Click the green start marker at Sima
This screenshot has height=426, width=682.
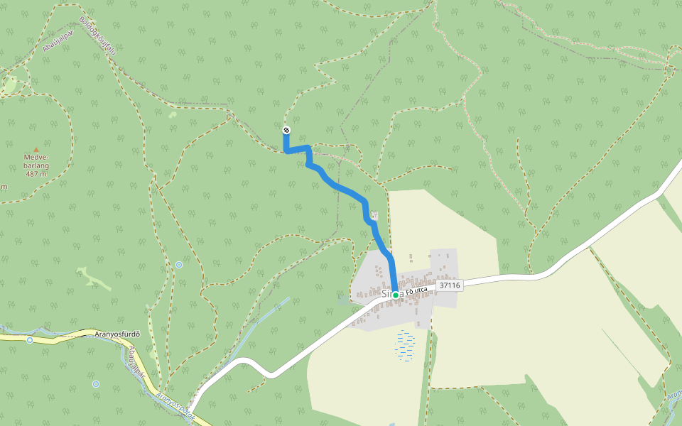(396, 295)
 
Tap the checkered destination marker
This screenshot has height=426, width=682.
(286, 130)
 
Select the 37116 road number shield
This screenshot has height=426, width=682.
(450, 285)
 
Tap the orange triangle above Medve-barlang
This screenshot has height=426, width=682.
(36, 149)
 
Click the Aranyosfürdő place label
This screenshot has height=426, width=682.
(119, 334)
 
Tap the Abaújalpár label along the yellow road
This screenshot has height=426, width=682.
(136, 362)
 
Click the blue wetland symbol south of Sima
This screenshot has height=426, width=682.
(405, 346)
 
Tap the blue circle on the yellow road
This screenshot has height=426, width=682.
(30, 340)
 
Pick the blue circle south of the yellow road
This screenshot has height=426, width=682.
(96, 384)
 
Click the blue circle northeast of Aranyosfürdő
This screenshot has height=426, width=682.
(179, 265)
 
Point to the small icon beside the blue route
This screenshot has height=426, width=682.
(374, 214)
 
